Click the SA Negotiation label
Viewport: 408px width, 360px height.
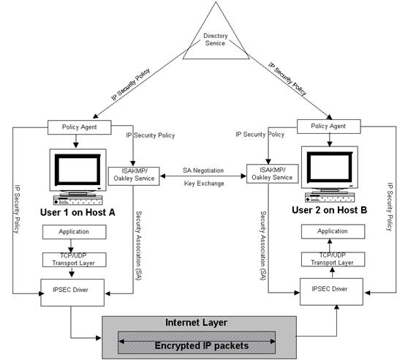203,170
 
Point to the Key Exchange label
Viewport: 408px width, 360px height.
204,184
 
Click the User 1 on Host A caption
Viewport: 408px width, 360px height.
78,212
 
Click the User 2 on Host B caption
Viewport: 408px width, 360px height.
330,210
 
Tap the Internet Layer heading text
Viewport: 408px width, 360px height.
197,323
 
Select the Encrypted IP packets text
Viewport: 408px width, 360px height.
202,346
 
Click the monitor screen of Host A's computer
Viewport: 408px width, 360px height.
78,170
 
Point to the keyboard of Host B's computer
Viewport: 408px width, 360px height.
330,198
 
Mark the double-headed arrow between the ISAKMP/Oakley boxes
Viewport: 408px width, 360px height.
203,176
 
